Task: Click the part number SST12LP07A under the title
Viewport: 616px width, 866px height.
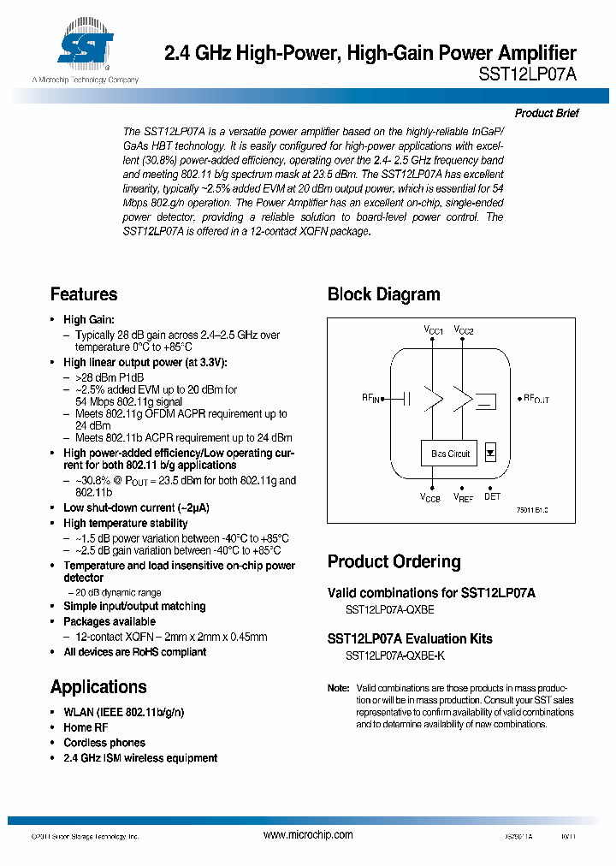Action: tap(528, 74)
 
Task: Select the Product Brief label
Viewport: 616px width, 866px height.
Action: tap(547, 113)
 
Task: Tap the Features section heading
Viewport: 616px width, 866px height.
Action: tap(84, 294)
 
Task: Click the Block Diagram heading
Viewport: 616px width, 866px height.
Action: tap(383, 294)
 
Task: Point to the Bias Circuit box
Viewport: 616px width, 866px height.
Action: tap(450, 454)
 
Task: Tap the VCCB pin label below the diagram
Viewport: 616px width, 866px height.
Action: tap(430, 497)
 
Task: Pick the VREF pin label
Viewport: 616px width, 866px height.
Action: tap(463, 497)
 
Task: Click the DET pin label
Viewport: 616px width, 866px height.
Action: tap(493, 496)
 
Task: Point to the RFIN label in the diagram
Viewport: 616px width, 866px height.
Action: tap(370, 398)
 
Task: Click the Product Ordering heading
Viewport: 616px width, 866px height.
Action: tap(394, 561)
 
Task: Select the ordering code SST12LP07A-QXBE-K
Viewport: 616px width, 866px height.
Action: tap(394, 655)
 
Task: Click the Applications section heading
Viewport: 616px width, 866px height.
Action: tap(98, 686)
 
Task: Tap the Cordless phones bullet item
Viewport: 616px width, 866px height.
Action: tap(104, 743)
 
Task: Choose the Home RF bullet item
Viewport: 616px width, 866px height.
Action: tap(86, 727)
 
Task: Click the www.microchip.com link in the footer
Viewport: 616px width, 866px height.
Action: tap(308, 834)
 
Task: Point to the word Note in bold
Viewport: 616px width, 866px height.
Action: tap(338, 688)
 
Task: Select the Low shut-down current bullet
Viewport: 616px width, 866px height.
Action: tap(136, 507)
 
